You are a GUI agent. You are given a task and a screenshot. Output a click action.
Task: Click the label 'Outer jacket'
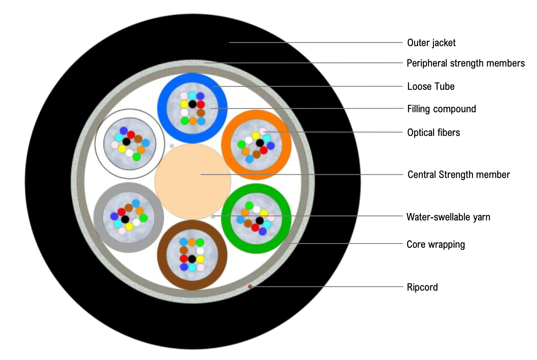pos(431,42)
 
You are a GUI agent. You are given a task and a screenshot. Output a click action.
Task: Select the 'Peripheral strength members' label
pos(466,63)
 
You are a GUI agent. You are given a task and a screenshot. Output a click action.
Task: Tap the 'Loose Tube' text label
pos(430,87)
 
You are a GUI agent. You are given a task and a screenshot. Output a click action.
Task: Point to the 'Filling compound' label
pos(442,109)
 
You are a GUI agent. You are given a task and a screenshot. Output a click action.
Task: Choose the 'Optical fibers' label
pos(433,132)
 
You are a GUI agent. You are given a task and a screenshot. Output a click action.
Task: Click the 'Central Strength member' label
pos(459,175)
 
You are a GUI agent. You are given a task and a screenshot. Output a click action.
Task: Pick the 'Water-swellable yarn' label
pos(448,217)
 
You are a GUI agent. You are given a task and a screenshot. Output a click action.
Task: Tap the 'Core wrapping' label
pos(436,244)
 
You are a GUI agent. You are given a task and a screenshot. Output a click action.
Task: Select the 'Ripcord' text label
pos(422,287)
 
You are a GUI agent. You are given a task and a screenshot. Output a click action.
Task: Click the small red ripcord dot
pos(250,287)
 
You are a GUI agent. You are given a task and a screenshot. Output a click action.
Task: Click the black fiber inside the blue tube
pos(192,104)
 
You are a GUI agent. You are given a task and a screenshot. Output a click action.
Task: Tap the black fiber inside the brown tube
pos(192,258)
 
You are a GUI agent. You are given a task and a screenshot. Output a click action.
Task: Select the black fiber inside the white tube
pos(126,142)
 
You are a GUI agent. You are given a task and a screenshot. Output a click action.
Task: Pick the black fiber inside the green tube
pos(260,220)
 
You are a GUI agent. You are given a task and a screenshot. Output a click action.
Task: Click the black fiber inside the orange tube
pos(259,143)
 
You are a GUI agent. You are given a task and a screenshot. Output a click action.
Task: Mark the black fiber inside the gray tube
pos(125,219)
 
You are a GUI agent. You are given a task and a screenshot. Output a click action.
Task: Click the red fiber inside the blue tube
pos(200,104)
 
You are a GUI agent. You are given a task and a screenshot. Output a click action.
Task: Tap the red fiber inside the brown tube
pos(184,258)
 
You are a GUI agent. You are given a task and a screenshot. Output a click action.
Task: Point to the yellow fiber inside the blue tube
pos(184,104)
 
